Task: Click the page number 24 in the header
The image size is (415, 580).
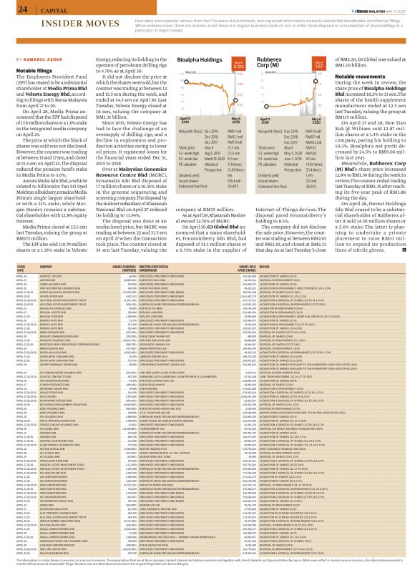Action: point(12,9)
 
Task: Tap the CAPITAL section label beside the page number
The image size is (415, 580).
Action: point(47,9)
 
